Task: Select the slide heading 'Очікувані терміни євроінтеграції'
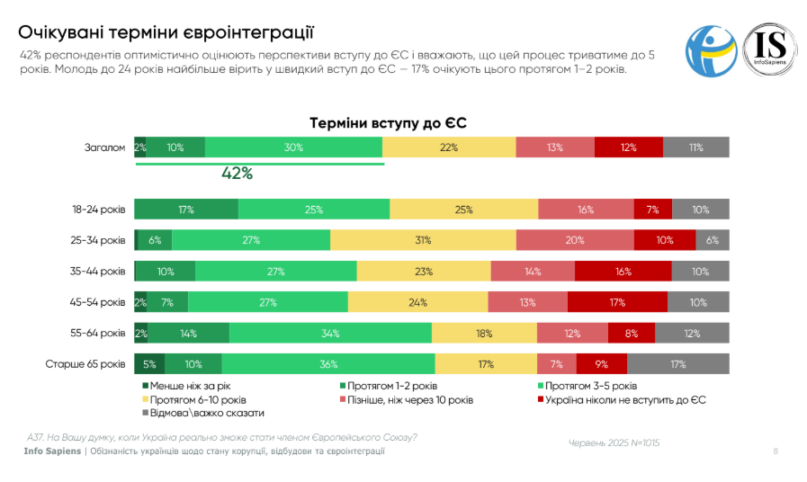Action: (x=166, y=33)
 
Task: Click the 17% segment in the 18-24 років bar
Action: (x=186, y=210)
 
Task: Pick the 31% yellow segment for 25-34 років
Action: (x=423, y=240)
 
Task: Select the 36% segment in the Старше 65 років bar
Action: (x=328, y=364)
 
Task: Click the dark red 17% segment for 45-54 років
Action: (x=616, y=302)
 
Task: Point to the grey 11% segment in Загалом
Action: (x=695, y=147)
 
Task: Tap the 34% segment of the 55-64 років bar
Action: (x=330, y=334)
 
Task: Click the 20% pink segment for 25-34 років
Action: (x=575, y=240)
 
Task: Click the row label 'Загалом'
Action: (x=104, y=147)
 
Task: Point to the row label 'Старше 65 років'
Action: (x=85, y=364)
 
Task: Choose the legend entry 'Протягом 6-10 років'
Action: (x=193, y=398)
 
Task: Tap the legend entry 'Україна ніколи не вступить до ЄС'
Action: (x=622, y=398)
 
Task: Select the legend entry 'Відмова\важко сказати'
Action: (x=202, y=412)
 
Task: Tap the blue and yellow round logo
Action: (x=711, y=50)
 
